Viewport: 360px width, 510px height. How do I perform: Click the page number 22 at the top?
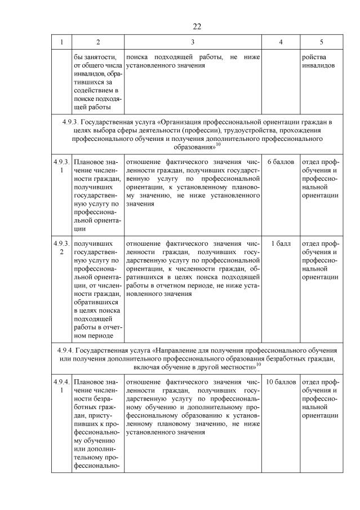(197, 26)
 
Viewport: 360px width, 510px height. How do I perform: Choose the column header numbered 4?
(281, 42)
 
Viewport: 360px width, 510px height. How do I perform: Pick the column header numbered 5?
(322, 42)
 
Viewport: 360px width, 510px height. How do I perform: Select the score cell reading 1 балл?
(281, 243)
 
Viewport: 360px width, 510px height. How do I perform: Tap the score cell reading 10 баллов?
(281, 382)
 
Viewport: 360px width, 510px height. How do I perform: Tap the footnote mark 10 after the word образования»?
(218, 145)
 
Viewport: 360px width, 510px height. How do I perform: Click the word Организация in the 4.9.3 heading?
(177, 121)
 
